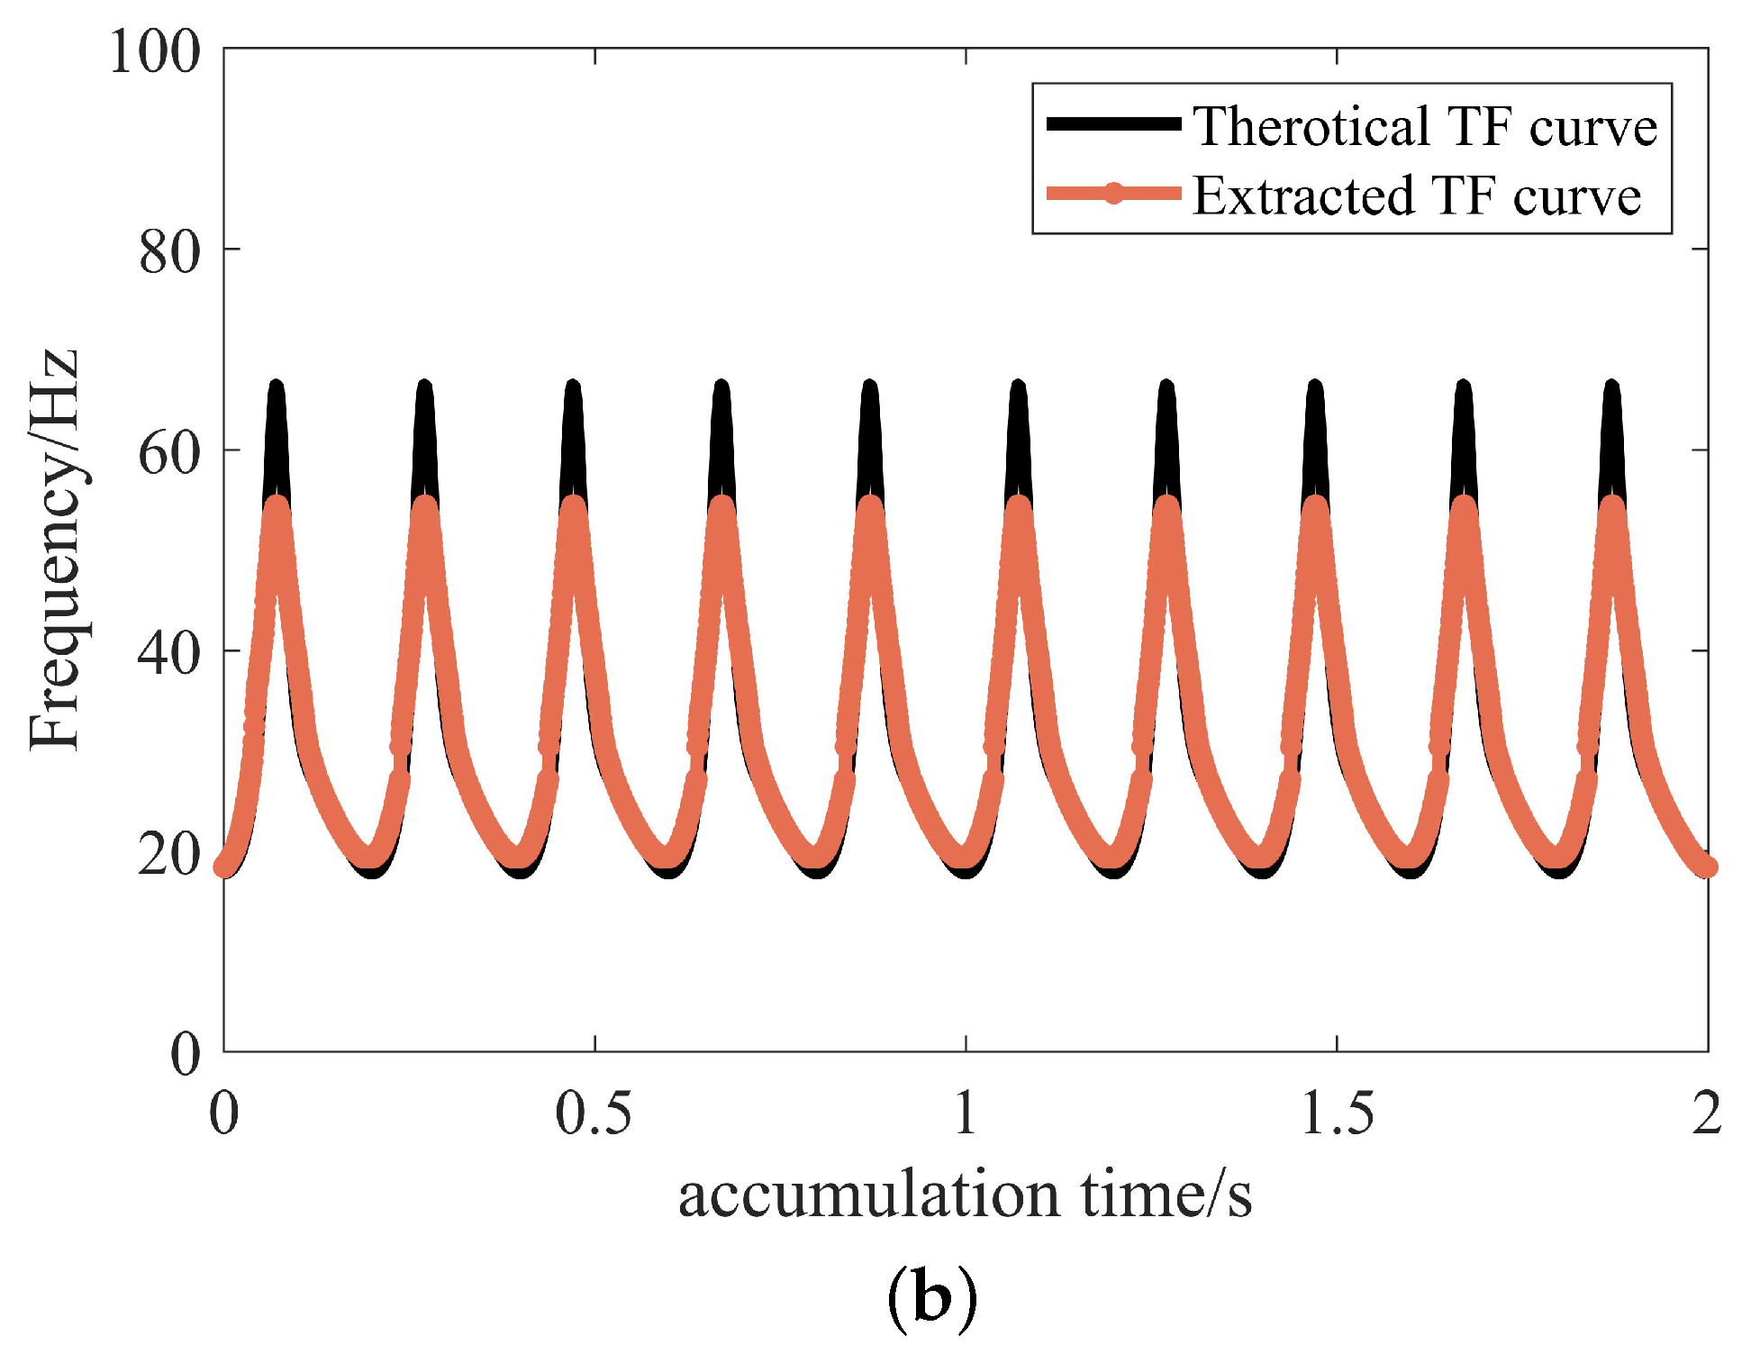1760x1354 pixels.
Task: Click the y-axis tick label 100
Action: [154, 51]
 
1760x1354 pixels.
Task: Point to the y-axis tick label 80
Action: [168, 252]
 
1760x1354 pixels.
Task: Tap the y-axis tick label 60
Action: [168, 452]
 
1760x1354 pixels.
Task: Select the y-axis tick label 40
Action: [168, 653]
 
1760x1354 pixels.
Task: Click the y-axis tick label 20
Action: [168, 853]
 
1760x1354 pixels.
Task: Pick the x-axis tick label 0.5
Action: [593, 1113]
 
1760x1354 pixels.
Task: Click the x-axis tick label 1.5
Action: [1337, 1113]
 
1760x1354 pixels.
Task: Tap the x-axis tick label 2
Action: [1707, 1113]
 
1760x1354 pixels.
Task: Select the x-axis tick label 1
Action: [966, 1113]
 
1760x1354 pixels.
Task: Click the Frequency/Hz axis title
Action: [54, 550]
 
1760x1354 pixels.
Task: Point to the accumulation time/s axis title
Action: [965, 1195]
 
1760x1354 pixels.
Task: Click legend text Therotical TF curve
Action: [1425, 126]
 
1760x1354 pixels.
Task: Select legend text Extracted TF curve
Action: [1417, 195]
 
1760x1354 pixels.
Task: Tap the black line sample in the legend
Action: [1113, 124]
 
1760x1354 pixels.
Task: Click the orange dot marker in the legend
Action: [1113, 193]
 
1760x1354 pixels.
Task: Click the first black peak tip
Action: [277, 387]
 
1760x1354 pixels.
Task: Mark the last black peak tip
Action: [1611, 387]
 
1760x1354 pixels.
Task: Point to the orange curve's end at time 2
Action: [1706, 867]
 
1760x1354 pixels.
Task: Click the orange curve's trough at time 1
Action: [964, 856]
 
